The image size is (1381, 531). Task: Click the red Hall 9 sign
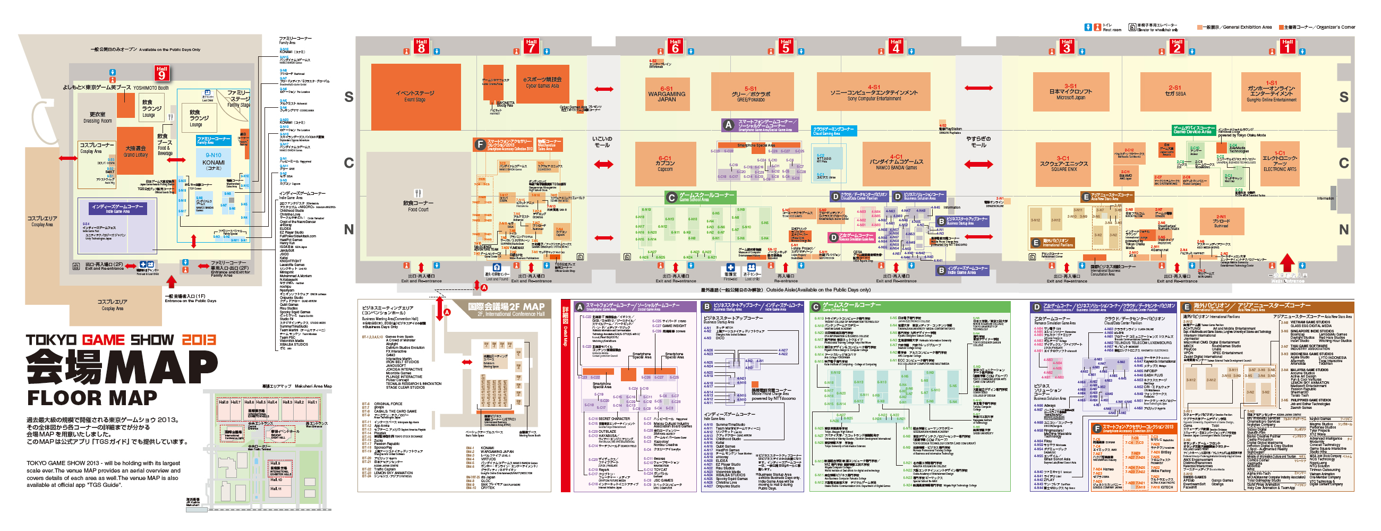click(162, 72)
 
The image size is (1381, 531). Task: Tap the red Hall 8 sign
click(421, 47)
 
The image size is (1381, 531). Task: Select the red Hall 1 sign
click(1287, 47)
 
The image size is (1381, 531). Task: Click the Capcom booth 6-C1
click(666, 164)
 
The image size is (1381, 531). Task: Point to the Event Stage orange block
click(415, 97)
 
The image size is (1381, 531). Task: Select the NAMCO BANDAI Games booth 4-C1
click(896, 163)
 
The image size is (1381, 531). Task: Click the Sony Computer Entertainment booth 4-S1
click(874, 93)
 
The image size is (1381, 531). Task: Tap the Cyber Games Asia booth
click(542, 83)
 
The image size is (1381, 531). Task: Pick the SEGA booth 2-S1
click(1175, 91)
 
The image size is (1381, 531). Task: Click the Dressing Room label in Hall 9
click(98, 117)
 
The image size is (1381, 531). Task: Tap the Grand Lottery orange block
click(135, 151)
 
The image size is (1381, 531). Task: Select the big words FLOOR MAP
click(92, 398)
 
